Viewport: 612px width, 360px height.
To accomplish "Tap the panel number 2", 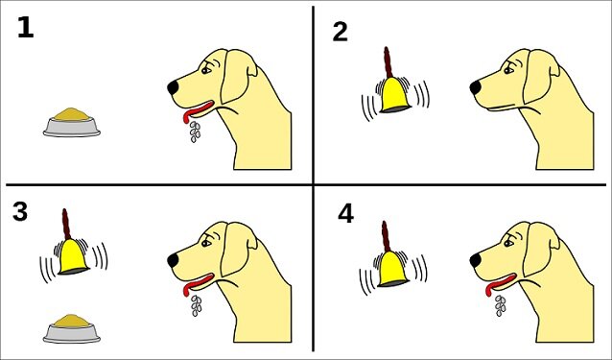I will point(340,32).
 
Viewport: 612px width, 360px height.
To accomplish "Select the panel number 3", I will point(20,212).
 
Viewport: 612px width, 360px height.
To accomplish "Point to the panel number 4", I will point(346,213).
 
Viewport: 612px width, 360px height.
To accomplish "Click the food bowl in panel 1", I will point(72,122).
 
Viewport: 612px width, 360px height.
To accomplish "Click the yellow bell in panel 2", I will point(392,95).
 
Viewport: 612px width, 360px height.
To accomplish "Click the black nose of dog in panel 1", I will point(174,87).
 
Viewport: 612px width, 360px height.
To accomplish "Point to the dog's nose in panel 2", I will point(476,87).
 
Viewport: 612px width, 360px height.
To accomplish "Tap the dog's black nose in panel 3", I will point(174,259).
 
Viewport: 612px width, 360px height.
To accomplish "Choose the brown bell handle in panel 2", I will point(389,60).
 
